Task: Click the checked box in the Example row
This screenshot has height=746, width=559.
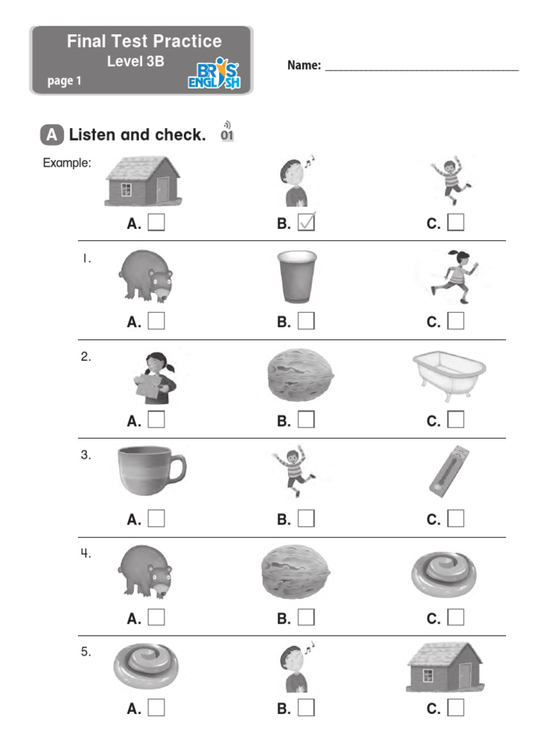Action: [x=306, y=223]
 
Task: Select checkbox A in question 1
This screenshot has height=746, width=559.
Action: [x=156, y=321]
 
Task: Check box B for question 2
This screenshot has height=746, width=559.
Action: [x=306, y=420]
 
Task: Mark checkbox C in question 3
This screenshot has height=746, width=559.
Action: [x=456, y=519]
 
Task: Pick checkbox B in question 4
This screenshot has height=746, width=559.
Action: [x=306, y=618]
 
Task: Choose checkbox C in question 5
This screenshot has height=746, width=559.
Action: [x=456, y=707]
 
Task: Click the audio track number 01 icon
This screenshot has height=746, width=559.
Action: [x=227, y=133]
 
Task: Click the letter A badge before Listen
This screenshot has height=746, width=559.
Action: [x=51, y=135]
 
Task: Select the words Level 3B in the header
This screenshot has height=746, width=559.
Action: [x=135, y=62]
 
